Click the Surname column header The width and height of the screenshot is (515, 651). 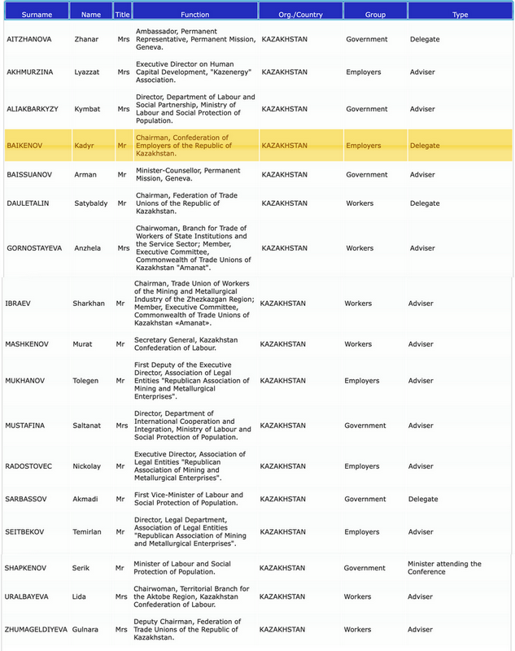click(x=36, y=15)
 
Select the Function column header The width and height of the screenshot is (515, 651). click(x=194, y=15)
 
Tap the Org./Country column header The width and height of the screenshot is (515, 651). click(x=300, y=15)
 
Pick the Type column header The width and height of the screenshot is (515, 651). click(x=460, y=15)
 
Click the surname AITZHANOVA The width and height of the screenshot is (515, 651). click(x=32, y=39)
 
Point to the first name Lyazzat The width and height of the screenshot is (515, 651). click(x=88, y=72)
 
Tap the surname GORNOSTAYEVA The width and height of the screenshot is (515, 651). click(x=37, y=248)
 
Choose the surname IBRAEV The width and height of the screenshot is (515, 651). click(x=20, y=303)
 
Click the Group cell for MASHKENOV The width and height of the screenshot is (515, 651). click(x=358, y=344)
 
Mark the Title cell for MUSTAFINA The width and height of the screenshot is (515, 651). click(x=123, y=426)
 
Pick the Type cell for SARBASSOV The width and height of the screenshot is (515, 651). click(x=422, y=500)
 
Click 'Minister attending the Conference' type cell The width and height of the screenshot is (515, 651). click(x=444, y=567)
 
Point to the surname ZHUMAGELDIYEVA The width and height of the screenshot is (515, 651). click(x=39, y=630)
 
